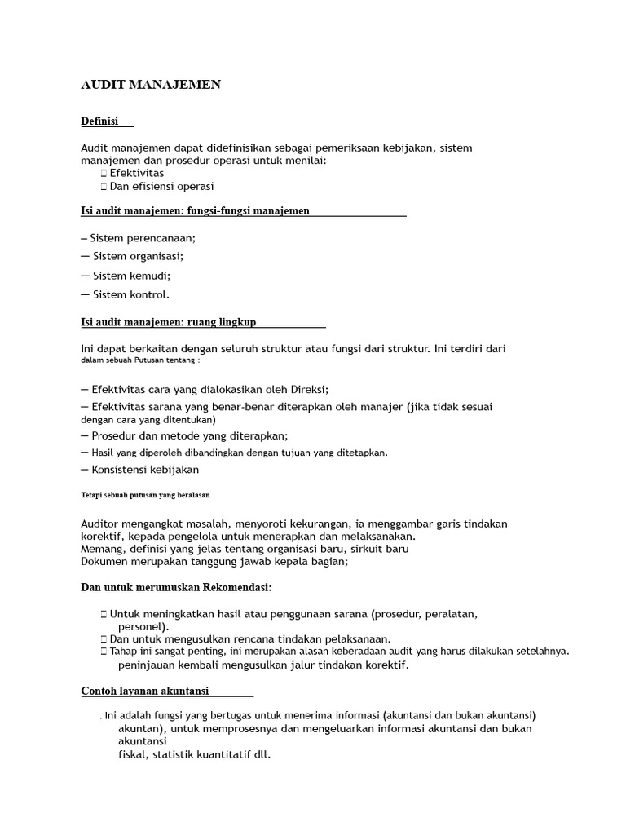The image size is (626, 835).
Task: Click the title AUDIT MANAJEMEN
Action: pos(151,85)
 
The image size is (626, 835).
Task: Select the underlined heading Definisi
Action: pos(100,121)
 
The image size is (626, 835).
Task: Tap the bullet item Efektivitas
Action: pos(136,173)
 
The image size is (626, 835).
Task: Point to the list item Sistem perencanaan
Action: pos(143,238)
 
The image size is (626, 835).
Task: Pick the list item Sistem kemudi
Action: pos(130,276)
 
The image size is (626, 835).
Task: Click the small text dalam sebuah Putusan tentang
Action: pos(140,360)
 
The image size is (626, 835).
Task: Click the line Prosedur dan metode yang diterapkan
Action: pos(189,435)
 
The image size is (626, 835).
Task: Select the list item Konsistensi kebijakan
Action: pos(145,469)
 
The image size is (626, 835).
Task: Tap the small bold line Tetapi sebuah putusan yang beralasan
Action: pos(146,495)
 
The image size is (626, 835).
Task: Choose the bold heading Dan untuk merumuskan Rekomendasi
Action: pos(176,587)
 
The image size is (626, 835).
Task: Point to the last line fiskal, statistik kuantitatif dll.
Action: pos(194,754)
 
